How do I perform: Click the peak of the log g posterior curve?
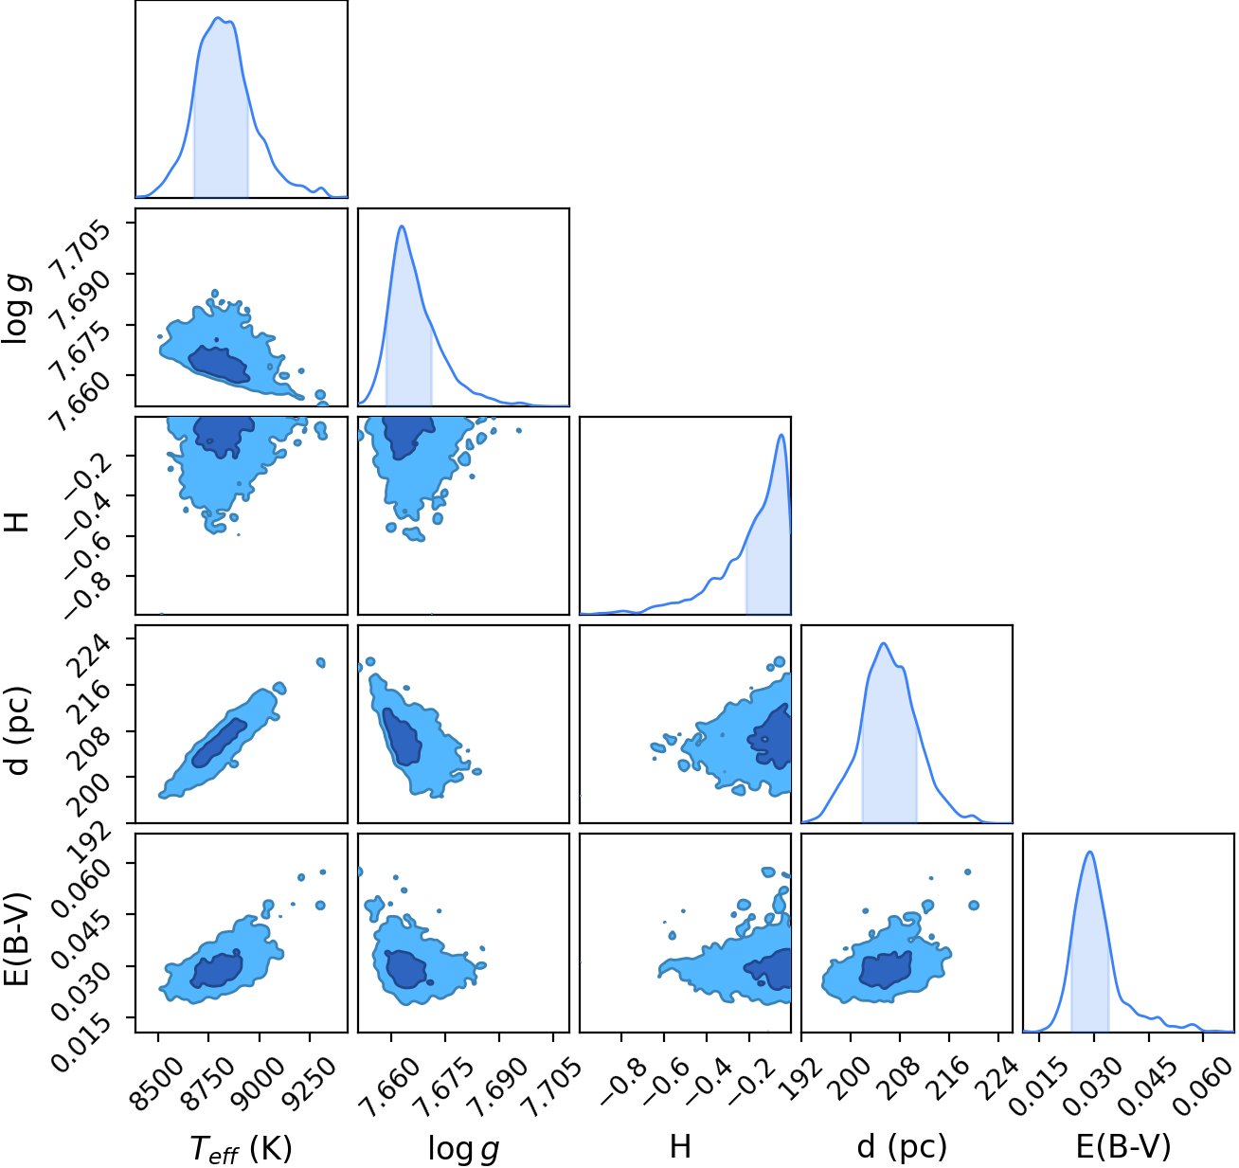pos(403,225)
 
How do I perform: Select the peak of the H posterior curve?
pos(781,435)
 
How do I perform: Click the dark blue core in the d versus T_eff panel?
pos(219,743)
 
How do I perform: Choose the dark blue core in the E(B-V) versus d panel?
pos(885,970)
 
